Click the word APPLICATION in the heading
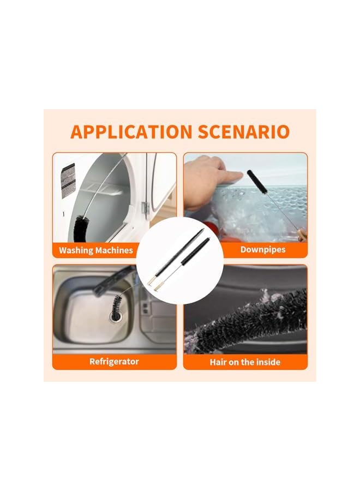pyautogui.click(x=125, y=132)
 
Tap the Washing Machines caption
pyautogui.click(x=96, y=250)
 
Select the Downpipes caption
pyautogui.click(x=263, y=250)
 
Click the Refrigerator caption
pyautogui.click(x=114, y=361)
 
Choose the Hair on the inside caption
pyautogui.click(x=245, y=362)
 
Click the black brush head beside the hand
pyautogui.click(x=257, y=182)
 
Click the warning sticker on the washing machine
pyautogui.click(x=68, y=181)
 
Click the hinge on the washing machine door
pyautogui.click(x=145, y=208)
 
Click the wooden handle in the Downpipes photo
pyautogui.click(x=302, y=235)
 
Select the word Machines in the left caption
pyautogui.click(x=114, y=250)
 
